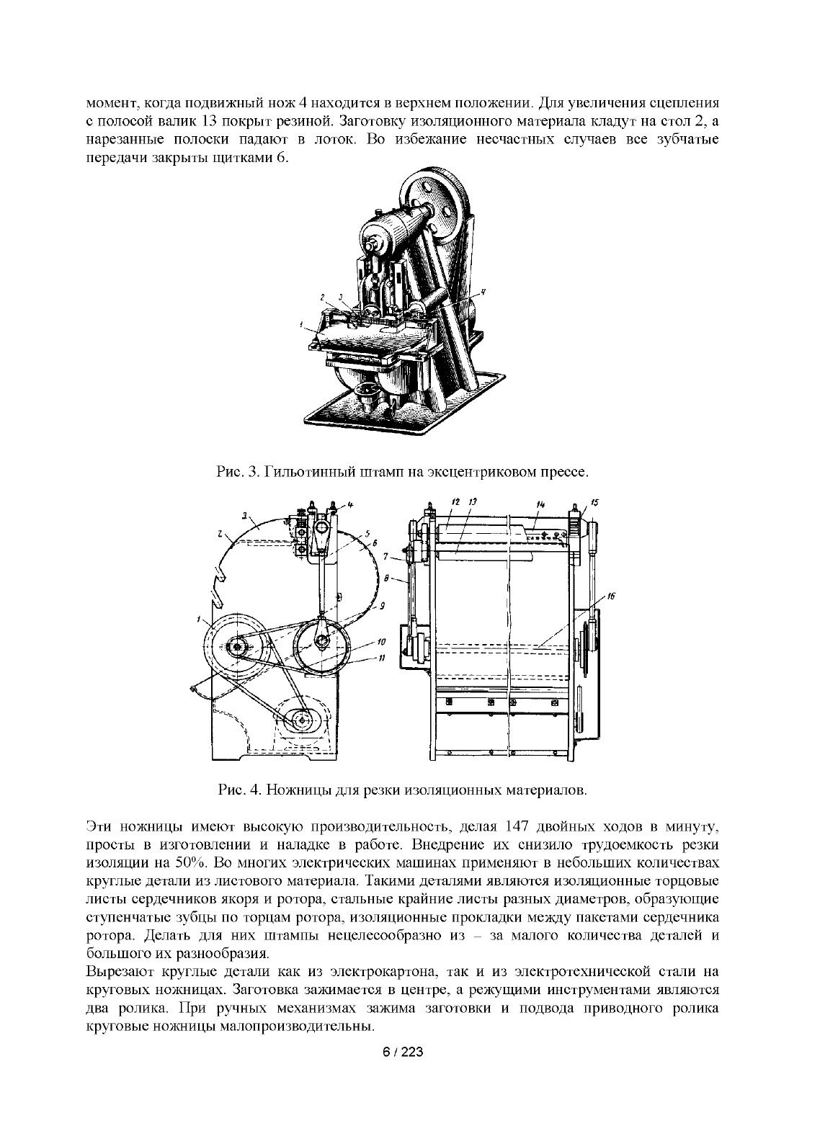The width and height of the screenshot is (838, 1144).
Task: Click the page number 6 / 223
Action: (402, 1053)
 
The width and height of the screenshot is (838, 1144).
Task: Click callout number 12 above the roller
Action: (455, 500)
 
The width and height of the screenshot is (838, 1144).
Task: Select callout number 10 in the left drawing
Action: (381, 640)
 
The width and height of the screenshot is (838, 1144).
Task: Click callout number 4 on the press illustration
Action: (483, 291)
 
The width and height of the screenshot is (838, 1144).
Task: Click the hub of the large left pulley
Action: (236, 647)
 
